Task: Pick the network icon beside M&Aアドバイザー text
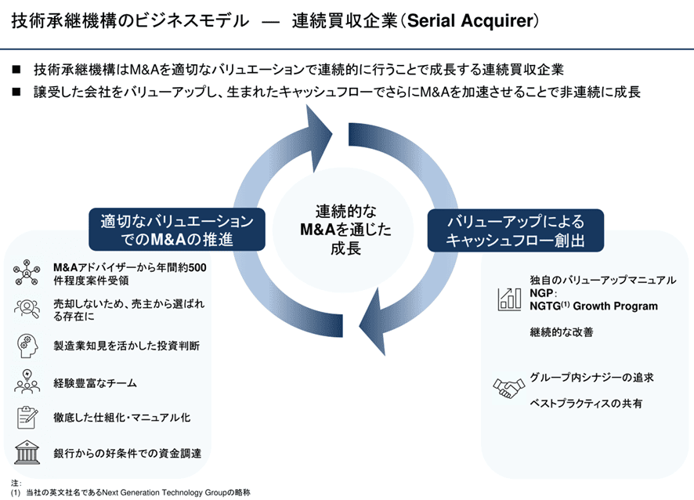[x=27, y=274]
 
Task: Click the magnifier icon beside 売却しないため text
[x=27, y=309]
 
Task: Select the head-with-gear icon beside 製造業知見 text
[x=27, y=345]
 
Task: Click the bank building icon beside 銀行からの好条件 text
[x=27, y=453]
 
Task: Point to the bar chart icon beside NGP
[x=509, y=298]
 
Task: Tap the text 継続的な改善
[x=562, y=332]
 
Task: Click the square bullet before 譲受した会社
[x=16, y=92]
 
